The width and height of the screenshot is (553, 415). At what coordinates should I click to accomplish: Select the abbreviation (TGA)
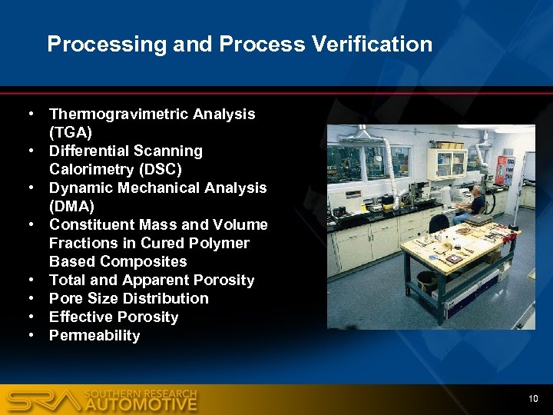point(71,132)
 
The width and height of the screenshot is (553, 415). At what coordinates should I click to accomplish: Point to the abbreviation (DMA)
point(71,206)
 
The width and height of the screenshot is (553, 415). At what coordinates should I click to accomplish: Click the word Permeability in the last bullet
point(94,336)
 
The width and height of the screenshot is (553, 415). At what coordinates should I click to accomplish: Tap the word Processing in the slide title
point(107,45)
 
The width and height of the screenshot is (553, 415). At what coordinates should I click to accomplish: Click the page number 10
point(532,398)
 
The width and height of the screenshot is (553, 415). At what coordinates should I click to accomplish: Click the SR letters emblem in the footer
point(42,400)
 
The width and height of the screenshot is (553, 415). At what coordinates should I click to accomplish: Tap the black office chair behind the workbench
point(439,224)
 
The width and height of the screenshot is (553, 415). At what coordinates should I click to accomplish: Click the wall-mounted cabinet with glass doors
point(447,162)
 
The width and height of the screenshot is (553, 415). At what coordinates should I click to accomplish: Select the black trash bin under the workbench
point(427,281)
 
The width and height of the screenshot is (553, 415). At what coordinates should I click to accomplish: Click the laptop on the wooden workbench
point(478,220)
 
